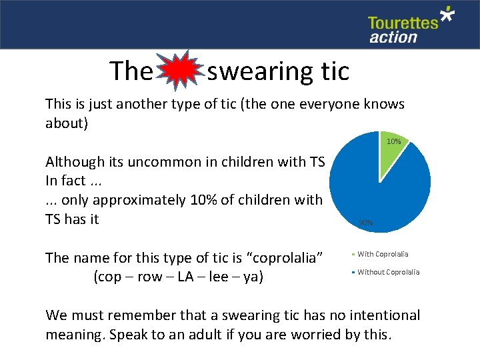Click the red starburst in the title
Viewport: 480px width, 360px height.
[x=181, y=70]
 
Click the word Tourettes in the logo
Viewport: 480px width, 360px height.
[x=403, y=23]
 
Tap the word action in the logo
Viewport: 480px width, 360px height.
[x=393, y=37]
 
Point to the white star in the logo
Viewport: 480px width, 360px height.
[x=447, y=15]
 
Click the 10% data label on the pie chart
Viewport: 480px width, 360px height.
[x=393, y=141]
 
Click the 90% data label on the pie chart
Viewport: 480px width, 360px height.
[x=366, y=223]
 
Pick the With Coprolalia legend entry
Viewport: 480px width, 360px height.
[x=383, y=254]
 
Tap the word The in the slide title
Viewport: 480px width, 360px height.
[x=131, y=71]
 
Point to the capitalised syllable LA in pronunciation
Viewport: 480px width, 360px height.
[x=179, y=276]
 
